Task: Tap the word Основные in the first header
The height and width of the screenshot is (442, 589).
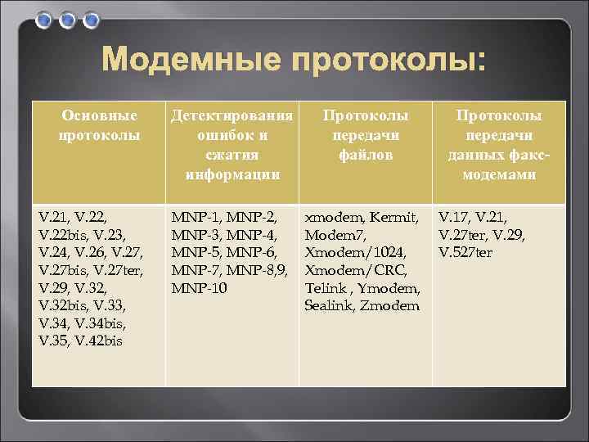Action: click(x=98, y=115)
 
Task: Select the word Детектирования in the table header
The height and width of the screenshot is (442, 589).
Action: click(x=232, y=115)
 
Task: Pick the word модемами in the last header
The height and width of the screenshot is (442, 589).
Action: click(x=498, y=174)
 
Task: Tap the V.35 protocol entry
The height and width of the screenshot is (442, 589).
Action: click(x=55, y=341)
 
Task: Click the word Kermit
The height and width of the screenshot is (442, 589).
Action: click(x=395, y=218)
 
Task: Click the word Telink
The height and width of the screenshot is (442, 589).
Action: click(x=326, y=288)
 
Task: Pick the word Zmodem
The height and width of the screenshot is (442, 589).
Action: click(x=389, y=305)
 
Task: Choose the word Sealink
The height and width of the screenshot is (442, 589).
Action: click(x=328, y=305)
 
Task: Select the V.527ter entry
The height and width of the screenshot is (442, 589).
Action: click(x=465, y=253)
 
